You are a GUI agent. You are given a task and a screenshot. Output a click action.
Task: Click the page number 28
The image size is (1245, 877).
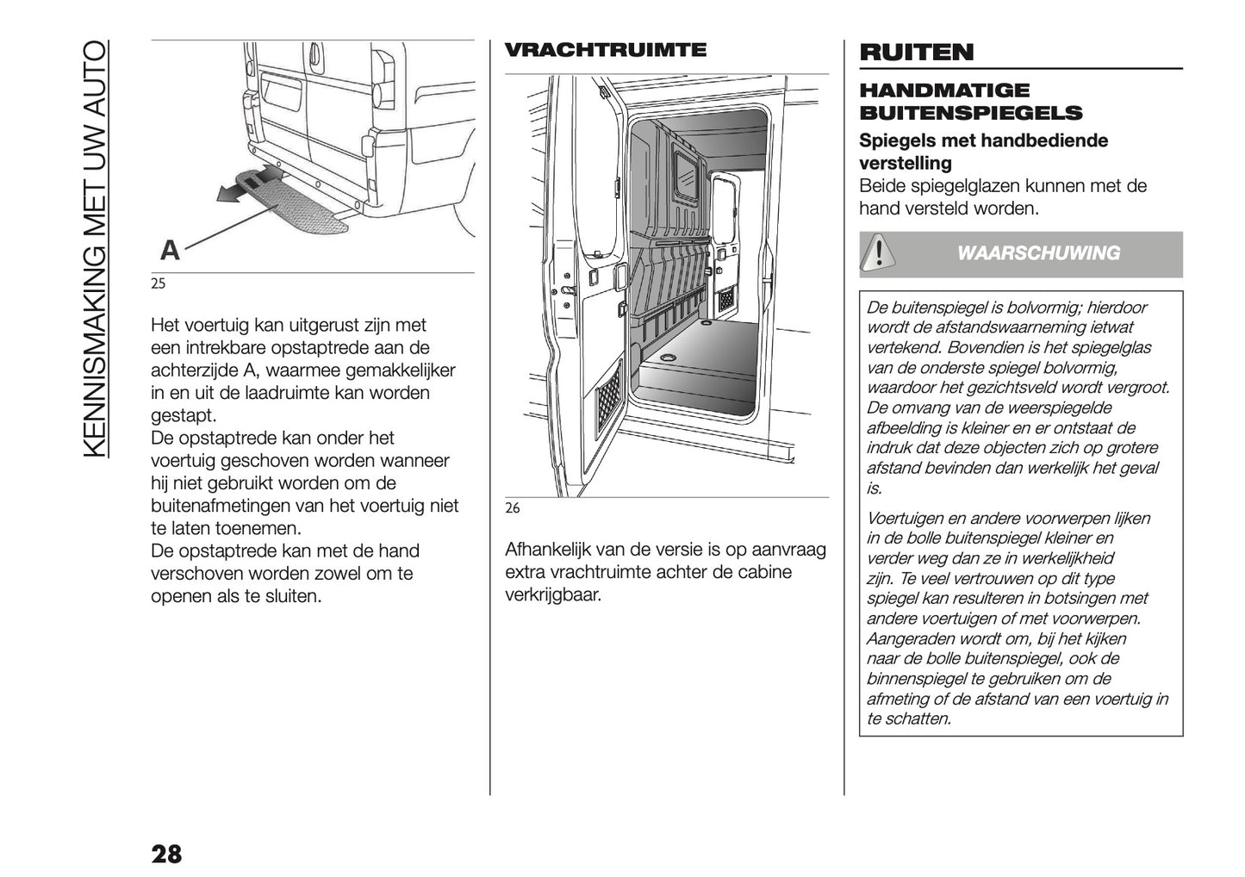tap(166, 854)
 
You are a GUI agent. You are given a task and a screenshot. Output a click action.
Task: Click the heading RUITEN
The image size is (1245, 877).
tap(916, 53)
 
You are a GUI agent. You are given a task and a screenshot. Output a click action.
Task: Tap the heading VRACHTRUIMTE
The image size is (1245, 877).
tap(605, 50)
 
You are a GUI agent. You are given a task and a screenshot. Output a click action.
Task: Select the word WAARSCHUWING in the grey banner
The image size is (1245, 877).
tap(1038, 253)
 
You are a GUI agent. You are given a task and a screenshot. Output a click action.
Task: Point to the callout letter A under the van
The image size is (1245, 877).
tap(171, 251)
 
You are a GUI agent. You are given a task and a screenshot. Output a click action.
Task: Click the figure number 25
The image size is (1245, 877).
tap(158, 283)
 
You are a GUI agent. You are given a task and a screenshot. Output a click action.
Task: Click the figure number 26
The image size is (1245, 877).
tap(512, 508)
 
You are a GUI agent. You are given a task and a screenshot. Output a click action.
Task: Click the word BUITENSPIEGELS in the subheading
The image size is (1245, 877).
tap(970, 113)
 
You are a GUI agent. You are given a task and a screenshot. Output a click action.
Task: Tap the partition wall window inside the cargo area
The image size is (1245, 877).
tap(687, 177)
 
